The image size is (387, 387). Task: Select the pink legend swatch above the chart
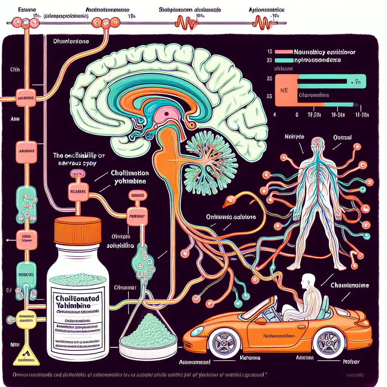pyautogui.click(x=285, y=51)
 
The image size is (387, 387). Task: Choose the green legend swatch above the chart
pyautogui.click(x=285, y=60)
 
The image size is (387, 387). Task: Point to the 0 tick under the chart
pyautogui.click(x=297, y=114)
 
